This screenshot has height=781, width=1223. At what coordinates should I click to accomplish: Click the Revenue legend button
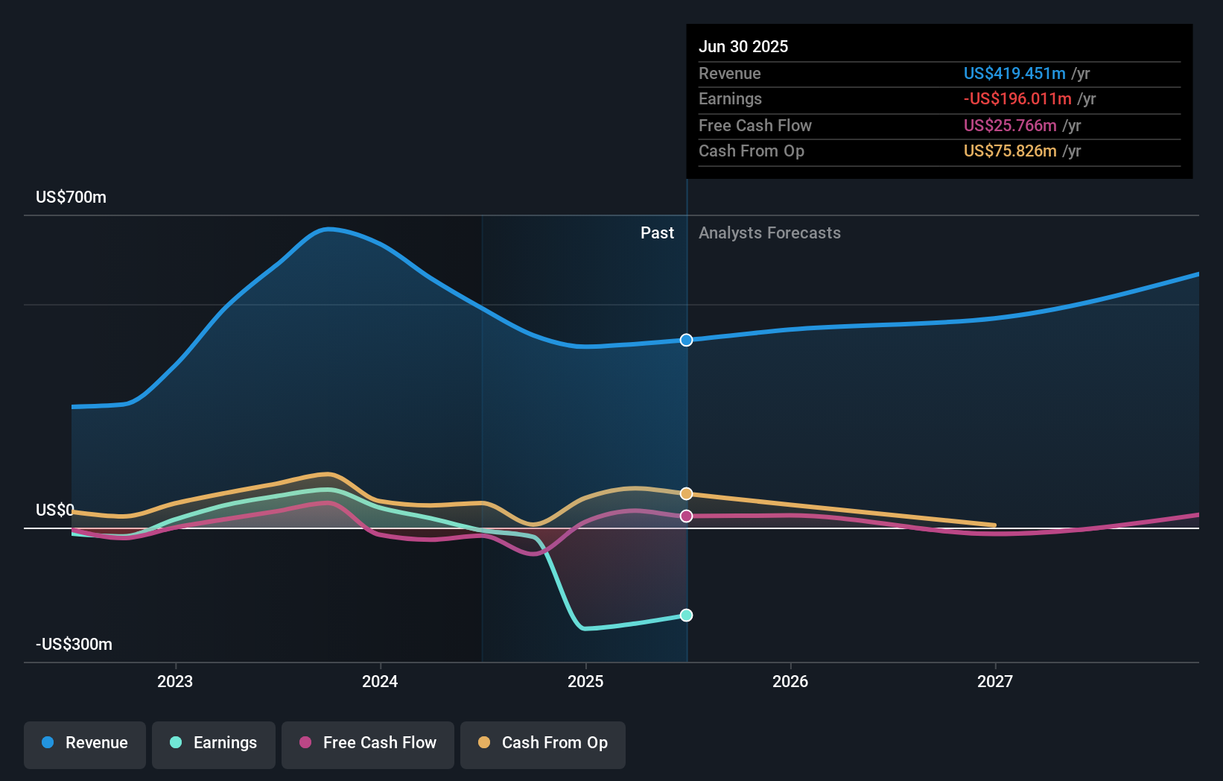pos(85,743)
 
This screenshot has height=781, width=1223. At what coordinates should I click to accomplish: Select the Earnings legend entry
pos(214,743)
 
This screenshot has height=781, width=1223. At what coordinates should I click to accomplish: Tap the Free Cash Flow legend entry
pos(368,743)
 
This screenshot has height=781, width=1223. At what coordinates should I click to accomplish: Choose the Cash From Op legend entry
pos(543,743)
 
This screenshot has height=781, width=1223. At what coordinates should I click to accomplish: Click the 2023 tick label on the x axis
pos(175,681)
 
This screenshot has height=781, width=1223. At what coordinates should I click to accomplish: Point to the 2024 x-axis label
pos(380,681)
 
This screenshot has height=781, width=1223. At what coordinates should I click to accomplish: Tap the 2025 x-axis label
pos(585,681)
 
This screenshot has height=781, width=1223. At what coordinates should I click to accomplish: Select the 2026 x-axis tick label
pos(790,681)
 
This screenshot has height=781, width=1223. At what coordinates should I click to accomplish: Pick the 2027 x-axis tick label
pos(995,681)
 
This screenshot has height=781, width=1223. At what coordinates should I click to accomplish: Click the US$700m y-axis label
pos(71,197)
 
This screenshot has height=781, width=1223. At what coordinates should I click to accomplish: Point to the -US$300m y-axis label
pos(74,645)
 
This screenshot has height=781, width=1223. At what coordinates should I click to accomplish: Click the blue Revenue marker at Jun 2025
pos(686,340)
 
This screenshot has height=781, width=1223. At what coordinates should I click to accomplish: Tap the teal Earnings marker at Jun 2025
pos(686,615)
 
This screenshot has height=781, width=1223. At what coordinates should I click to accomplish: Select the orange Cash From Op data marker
pos(686,493)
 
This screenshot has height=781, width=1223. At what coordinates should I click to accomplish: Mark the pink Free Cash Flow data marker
pos(686,516)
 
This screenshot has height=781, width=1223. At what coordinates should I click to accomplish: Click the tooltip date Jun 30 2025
pos(743,46)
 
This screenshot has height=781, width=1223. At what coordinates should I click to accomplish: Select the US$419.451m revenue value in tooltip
pos(1014,73)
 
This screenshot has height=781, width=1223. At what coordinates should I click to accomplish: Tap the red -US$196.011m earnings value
pos(1017,99)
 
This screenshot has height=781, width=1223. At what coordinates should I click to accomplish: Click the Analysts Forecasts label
pos(769,233)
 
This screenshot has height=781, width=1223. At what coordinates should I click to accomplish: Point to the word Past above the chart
pos(657,233)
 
